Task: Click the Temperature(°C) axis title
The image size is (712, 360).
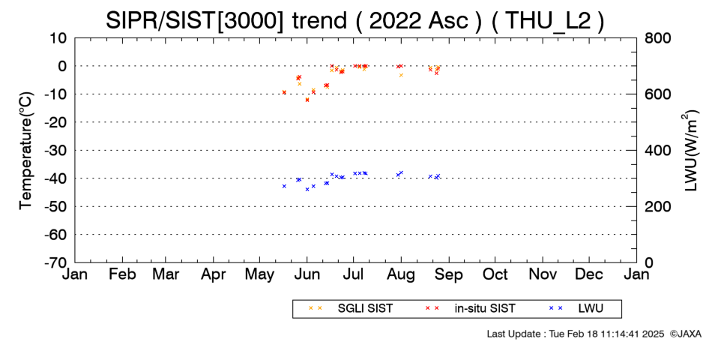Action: coord(26,151)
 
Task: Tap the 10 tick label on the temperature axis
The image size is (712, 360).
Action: coord(58,38)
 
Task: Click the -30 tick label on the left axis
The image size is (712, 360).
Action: coord(55,151)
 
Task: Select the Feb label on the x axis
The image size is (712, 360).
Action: coord(123,274)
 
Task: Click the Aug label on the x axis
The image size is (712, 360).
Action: coord(401,275)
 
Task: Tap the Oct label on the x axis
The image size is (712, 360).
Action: coord(495,274)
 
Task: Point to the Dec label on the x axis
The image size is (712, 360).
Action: coord(589,274)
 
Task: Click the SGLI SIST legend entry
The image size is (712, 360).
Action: coord(350,309)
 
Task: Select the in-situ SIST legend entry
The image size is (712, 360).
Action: coord(470,309)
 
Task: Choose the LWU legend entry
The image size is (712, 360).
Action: coord(576,309)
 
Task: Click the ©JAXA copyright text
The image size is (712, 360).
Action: coord(685,334)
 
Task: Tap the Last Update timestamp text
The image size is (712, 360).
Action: coord(576,334)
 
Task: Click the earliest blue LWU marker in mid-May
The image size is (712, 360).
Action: coord(284,186)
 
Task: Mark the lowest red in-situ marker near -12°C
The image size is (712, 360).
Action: coord(307,100)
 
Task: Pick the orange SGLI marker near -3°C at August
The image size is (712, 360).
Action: coord(401,75)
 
